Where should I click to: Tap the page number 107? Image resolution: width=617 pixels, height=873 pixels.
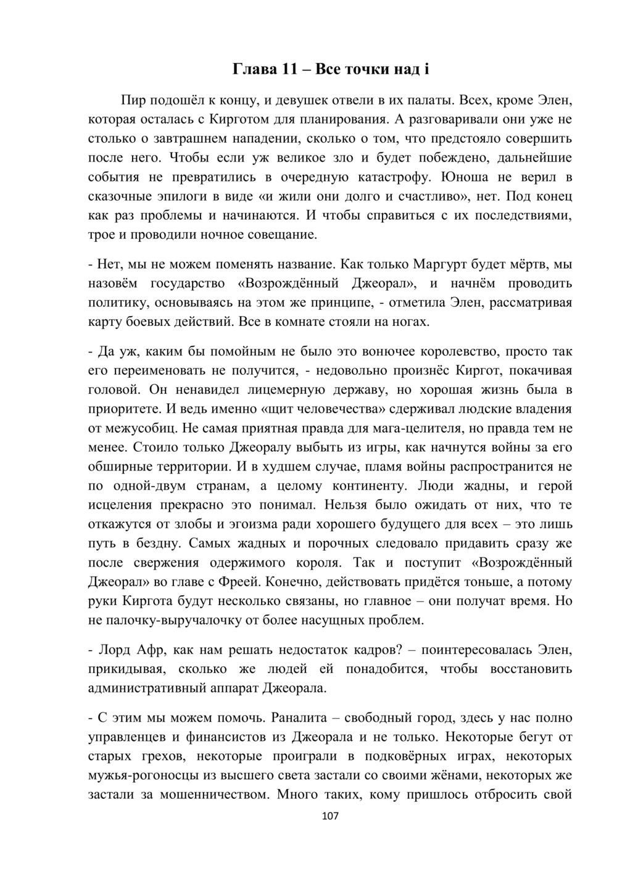point(331,817)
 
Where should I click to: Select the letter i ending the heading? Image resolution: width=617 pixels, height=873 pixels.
point(426,69)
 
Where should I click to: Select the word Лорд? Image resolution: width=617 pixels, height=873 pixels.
point(114,650)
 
